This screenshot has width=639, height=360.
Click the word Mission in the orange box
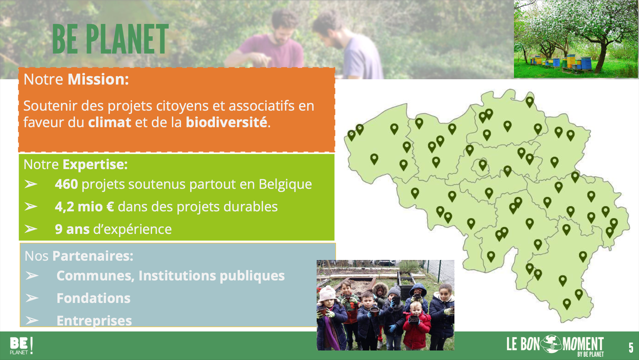point(98,79)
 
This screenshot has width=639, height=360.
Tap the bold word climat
point(110,122)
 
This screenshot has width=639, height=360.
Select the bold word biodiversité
point(227,122)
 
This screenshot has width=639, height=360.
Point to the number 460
point(66,184)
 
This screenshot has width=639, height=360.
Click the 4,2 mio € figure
point(84,207)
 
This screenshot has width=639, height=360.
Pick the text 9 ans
point(72,229)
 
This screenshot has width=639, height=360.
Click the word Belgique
point(285,185)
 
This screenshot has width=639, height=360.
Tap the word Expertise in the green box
point(95,165)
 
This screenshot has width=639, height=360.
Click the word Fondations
point(94,298)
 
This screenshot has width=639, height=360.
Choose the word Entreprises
point(94,321)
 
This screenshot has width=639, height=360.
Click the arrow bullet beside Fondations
point(32,298)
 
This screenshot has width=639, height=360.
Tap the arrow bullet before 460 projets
point(31,184)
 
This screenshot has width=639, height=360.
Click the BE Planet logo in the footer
point(21,346)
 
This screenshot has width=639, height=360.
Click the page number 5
point(631,348)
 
